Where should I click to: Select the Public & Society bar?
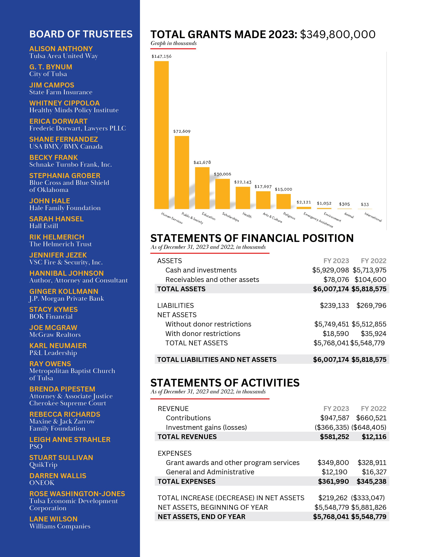point(182,172)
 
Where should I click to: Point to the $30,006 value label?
point(222,174)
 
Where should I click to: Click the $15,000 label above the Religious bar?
point(283,189)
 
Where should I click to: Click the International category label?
point(373,217)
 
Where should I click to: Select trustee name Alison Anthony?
point(61,49)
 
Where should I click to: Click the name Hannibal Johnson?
point(66,273)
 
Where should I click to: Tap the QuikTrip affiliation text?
point(43,465)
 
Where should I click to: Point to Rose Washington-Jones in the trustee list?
point(77,494)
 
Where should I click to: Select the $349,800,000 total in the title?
point(338,34)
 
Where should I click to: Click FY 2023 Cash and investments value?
point(330,270)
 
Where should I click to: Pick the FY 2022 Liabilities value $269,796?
point(371,305)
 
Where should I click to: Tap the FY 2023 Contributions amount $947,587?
point(334,418)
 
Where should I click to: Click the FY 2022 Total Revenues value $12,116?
point(374,437)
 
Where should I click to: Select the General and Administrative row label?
point(210,472)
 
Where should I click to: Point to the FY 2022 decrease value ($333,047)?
point(368,498)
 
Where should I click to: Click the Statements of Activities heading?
point(225,383)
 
